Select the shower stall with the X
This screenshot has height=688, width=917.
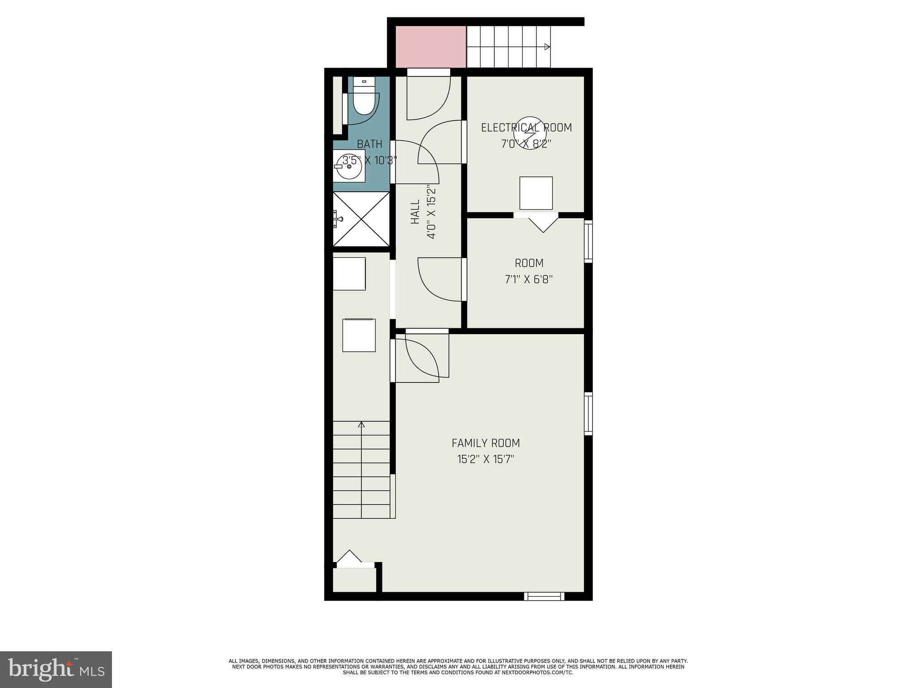pyautogui.click(x=361, y=219)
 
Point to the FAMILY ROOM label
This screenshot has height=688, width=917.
pyautogui.click(x=486, y=443)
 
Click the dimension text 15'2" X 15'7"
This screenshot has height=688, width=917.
pyautogui.click(x=486, y=459)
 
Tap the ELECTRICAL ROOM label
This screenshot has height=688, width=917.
pyautogui.click(x=527, y=128)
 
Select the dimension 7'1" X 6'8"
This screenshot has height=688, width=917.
pyautogui.click(x=529, y=279)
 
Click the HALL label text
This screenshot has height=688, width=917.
pyautogui.click(x=416, y=212)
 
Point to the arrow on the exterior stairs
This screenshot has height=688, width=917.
pyautogui.click(x=547, y=47)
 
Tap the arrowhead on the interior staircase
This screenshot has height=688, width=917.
pyautogui.click(x=361, y=424)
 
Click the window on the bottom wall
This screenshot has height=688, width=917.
pyautogui.click(x=544, y=596)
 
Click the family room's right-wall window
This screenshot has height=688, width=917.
pyautogui.click(x=588, y=413)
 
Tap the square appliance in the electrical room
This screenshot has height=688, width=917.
pyautogui.click(x=536, y=193)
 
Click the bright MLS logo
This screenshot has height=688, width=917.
pyautogui.click(x=56, y=669)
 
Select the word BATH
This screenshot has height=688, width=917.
pyautogui.click(x=370, y=144)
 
